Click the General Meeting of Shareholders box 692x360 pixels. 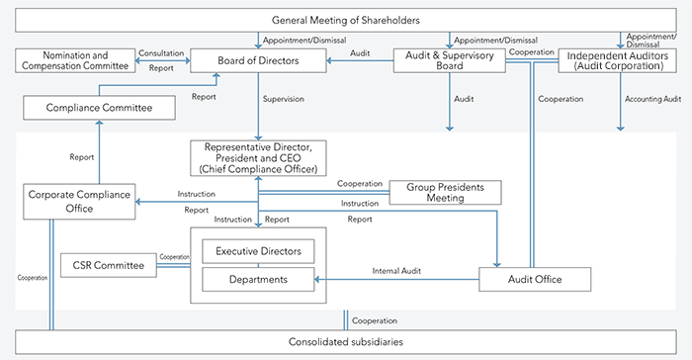345,21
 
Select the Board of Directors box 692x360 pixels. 258,61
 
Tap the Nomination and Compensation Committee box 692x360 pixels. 75,60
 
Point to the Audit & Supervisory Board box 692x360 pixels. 450,60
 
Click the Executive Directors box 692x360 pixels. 259,251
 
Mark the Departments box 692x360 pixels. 259,280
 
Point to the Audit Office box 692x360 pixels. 534,280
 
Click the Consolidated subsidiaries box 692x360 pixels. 345,341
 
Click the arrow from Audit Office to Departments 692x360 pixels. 395,280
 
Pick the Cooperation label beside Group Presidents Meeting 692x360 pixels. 359,183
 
